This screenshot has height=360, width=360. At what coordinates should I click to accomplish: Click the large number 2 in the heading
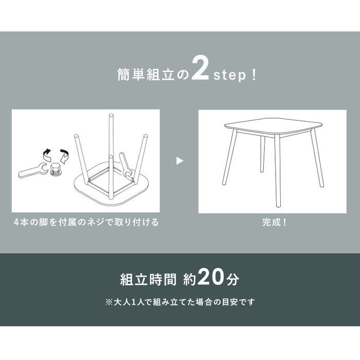[200, 68]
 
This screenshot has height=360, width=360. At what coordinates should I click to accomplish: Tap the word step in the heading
[230, 75]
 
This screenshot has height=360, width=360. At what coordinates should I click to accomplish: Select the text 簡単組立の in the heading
[153, 74]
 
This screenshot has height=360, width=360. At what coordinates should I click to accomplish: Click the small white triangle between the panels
[179, 160]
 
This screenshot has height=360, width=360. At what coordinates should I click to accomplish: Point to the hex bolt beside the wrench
[56, 170]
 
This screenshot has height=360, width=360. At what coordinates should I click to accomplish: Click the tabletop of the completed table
[273, 127]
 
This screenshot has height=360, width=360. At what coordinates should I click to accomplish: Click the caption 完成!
[274, 222]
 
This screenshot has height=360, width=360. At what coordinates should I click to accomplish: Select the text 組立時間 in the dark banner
[148, 280]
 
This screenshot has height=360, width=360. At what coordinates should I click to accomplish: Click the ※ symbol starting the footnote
[109, 302]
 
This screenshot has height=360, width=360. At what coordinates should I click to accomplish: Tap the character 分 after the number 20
[232, 279]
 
